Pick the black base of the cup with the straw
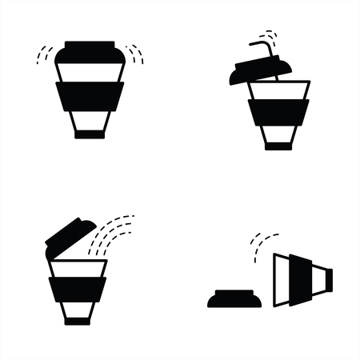[278, 146]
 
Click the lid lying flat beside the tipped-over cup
[232, 299]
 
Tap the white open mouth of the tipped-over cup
[281, 280]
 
